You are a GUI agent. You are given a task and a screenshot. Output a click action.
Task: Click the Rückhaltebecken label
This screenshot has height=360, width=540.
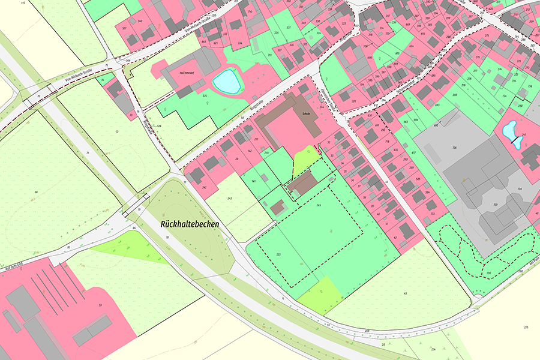190,223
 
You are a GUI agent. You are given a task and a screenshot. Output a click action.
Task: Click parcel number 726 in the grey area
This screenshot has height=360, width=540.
454,148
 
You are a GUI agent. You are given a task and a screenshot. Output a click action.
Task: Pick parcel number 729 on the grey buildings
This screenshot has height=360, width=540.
496,205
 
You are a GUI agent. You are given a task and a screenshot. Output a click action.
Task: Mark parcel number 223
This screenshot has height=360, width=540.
279,255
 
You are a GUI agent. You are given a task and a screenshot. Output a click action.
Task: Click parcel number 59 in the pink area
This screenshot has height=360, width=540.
100,305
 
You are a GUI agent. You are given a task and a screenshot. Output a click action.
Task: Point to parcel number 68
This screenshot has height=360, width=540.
36,192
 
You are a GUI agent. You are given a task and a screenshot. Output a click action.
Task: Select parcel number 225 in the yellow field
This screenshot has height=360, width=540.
526,327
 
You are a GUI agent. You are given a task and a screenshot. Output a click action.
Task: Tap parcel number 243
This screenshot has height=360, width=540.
229,197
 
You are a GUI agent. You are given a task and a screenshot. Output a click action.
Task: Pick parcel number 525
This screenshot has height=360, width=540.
205,96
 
